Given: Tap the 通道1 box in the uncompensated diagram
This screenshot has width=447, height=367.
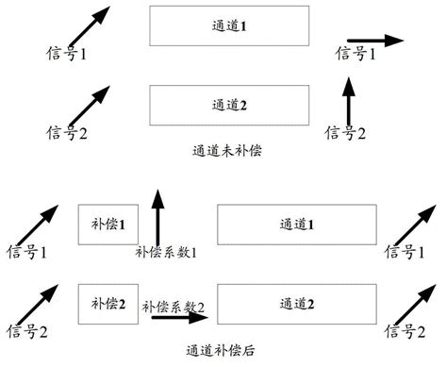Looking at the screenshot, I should (230, 26).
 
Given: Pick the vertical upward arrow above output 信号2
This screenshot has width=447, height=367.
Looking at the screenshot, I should (349, 102).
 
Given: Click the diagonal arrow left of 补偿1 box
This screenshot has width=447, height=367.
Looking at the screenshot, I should (34, 224).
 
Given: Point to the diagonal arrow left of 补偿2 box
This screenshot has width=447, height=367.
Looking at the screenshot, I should (34, 301).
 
